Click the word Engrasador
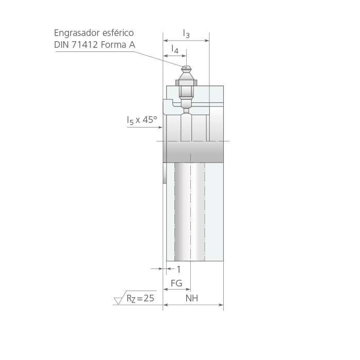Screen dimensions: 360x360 tap(77, 33)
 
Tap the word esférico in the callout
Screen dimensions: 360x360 tap(118, 33)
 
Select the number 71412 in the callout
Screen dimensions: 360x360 tap(85, 45)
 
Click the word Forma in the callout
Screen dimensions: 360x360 tap(114, 45)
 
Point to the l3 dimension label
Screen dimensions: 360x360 tap(186, 34)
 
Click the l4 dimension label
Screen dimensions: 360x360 tap(175, 49)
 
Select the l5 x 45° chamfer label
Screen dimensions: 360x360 tap(142, 120)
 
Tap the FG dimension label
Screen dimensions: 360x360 tap(176, 283)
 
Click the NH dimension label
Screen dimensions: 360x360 tap(192, 298)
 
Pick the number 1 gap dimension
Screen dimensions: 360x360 tap(178, 269)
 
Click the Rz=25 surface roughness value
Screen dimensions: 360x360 tap(140, 298)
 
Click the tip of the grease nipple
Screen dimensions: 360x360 tap(186, 67)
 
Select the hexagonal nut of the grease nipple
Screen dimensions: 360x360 tap(186, 83)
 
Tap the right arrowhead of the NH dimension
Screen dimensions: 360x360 tap(221, 305)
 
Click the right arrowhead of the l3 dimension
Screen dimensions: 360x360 tap(207, 41)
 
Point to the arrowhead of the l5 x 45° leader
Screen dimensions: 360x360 tap(160, 127)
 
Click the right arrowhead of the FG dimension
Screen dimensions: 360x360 tap(188, 289)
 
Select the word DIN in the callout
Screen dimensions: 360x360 tap(62, 45)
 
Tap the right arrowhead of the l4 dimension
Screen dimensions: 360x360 tap(184, 56)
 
